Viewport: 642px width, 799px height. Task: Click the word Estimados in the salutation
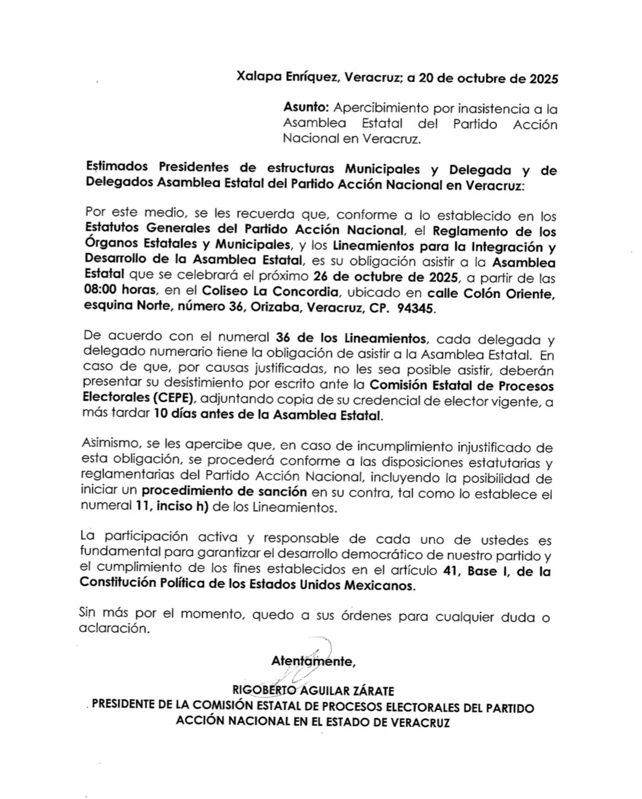pyautogui.click(x=117, y=168)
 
